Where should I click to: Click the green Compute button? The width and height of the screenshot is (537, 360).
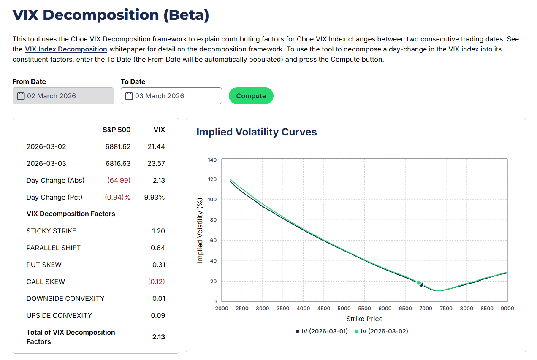(251, 96)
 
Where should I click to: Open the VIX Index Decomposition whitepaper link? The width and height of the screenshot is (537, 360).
(66, 49)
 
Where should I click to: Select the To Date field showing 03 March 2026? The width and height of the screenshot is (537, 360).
(171, 96)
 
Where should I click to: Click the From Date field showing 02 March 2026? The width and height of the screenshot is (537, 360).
(63, 96)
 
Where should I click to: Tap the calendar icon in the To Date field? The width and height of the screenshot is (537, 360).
(129, 96)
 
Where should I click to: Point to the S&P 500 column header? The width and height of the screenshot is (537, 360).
(117, 130)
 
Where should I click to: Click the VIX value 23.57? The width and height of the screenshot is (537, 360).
(156, 163)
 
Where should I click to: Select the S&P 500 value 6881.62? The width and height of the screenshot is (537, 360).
(118, 146)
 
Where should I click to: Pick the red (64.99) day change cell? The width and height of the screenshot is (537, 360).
(119, 180)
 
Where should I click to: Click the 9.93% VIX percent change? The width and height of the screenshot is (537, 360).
(155, 197)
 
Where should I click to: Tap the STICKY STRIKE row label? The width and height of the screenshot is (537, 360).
(52, 231)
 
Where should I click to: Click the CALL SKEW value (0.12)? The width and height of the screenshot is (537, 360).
(156, 282)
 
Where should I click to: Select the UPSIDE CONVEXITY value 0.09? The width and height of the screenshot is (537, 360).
(158, 315)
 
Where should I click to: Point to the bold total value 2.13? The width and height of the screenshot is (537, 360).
(159, 337)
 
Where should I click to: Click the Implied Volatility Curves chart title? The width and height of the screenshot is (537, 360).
(257, 132)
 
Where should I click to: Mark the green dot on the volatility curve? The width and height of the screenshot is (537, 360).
(418, 283)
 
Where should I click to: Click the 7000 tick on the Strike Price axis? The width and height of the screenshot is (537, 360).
(426, 309)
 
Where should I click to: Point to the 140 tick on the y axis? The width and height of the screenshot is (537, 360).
(212, 160)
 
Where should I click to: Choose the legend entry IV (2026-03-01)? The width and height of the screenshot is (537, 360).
(321, 331)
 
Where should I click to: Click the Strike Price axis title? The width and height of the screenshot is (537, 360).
(364, 319)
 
